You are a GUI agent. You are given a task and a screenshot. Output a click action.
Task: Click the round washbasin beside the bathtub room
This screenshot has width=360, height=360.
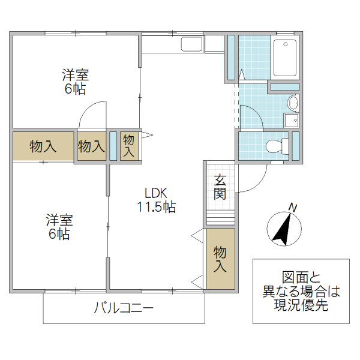(293, 101)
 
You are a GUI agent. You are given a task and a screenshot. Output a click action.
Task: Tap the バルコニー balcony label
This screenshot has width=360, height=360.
(124, 309)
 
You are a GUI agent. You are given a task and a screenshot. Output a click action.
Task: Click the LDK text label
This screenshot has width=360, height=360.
(154, 194)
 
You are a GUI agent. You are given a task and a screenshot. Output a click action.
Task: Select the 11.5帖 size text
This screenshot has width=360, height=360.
(156, 208)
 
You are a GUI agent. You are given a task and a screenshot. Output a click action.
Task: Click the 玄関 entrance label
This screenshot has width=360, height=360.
(220, 187)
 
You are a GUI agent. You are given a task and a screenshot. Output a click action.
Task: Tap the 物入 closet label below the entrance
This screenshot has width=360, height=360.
(220, 259)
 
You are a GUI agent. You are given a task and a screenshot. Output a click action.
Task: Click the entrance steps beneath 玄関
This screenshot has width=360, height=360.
(220, 215)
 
